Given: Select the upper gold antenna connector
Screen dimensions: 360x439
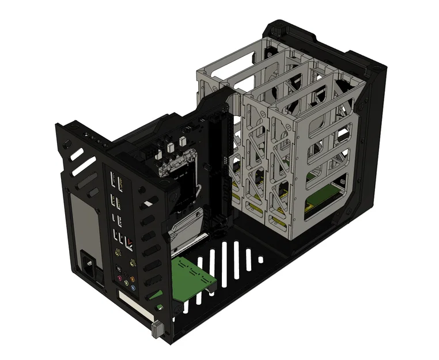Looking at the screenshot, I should click(x=118, y=252).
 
